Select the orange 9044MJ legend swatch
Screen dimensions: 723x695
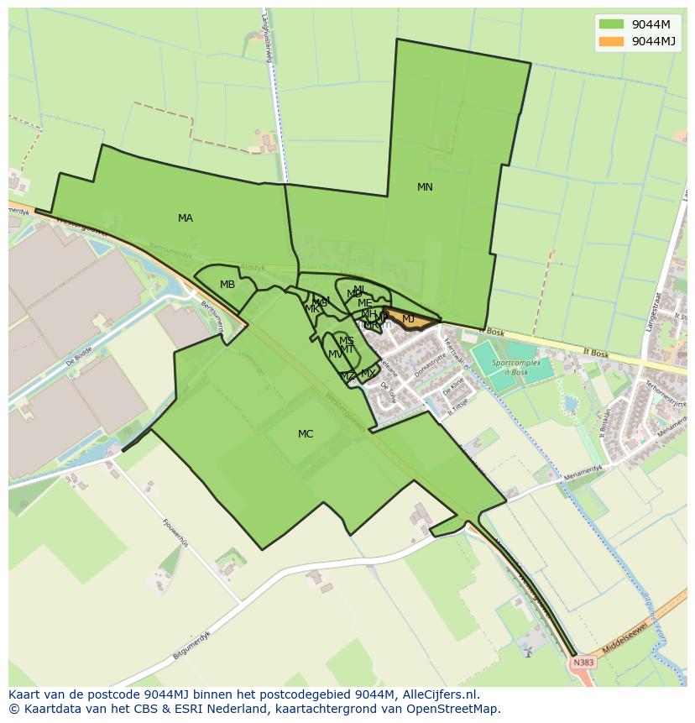pos(612,41)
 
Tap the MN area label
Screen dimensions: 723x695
pos(425,187)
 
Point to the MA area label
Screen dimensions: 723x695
pos(186,218)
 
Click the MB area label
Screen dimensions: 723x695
pos(227,285)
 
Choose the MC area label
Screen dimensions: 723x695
pos(306,434)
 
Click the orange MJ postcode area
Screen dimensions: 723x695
pos(409,319)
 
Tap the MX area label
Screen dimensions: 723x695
pos(368,374)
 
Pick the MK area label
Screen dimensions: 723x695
pos(311,308)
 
